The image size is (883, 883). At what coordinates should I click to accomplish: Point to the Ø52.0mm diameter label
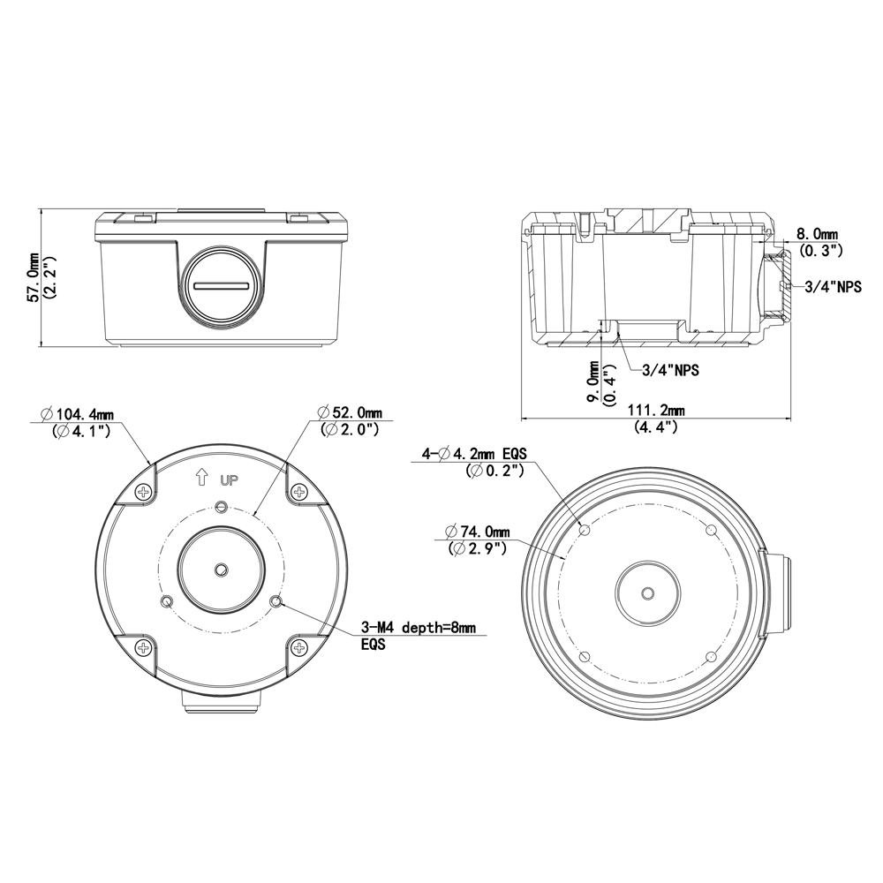(350, 413)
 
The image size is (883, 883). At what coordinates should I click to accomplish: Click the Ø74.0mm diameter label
(478, 532)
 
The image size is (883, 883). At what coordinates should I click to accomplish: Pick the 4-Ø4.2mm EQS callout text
(474, 455)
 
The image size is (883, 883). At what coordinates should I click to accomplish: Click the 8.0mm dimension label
(818, 235)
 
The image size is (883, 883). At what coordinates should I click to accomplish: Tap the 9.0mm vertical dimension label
(593, 382)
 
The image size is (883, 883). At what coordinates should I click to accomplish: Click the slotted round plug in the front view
(221, 287)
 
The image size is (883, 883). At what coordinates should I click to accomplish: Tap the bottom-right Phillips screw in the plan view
(299, 649)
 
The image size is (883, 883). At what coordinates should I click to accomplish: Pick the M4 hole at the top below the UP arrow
(221, 507)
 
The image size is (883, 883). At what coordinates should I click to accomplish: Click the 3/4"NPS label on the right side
(833, 286)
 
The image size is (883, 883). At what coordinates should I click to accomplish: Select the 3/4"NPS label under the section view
(670, 370)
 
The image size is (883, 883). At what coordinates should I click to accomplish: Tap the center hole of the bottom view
(647, 593)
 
